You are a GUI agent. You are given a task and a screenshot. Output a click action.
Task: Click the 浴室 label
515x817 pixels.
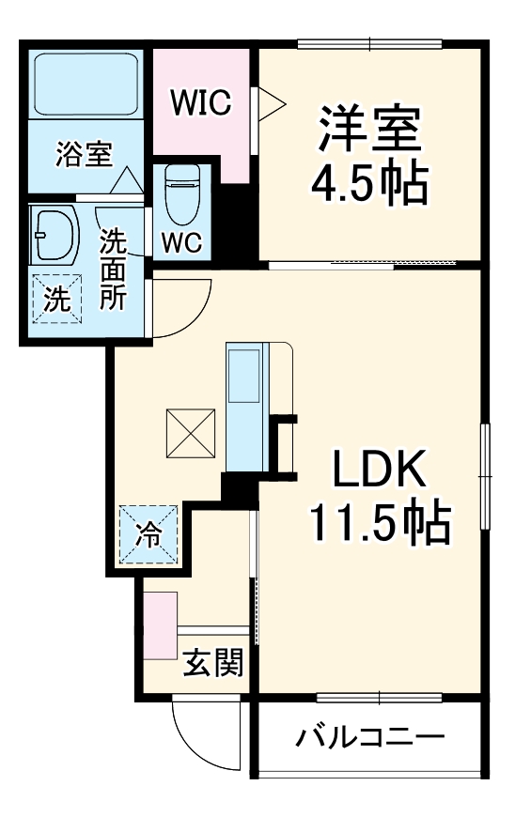[x=85, y=154]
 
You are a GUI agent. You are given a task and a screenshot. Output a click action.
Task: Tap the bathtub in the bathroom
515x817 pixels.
[x=86, y=85]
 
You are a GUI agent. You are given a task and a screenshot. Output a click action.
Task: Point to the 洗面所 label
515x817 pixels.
[x=115, y=271]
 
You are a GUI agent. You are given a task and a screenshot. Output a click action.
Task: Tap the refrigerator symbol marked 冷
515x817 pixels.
[x=148, y=535]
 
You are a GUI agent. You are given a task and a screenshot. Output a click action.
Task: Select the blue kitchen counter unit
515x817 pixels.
[x=247, y=406]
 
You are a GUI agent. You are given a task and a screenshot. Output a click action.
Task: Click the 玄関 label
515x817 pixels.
[x=212, y=663]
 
